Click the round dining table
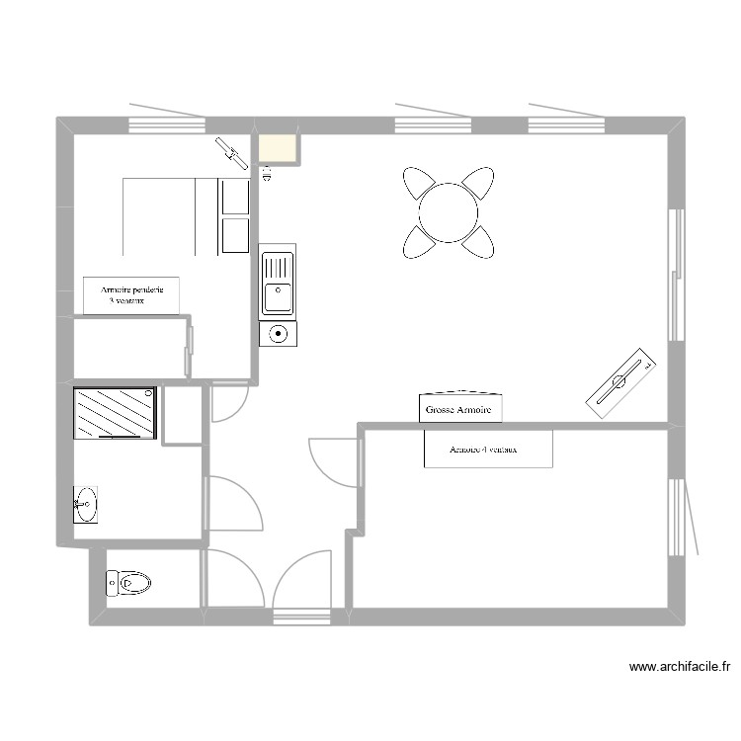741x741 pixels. pos(449,212)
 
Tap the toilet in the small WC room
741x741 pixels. pos(128,583)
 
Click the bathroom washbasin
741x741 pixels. pos(85,505)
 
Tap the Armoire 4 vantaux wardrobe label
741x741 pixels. pos(488,449)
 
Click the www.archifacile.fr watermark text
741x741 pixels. pos(680,668)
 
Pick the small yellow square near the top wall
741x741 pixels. pos(277,148)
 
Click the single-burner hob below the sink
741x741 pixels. pos(278,333)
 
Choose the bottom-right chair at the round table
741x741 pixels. pos(480,241)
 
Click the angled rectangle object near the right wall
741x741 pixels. pos(621,376)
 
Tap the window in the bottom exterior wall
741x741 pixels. pos(301,618)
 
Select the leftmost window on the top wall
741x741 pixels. pos(166,124)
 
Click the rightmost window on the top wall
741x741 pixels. pos(565,124)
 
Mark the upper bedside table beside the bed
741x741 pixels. pos(235,197)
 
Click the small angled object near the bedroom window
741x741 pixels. pos(233,151)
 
